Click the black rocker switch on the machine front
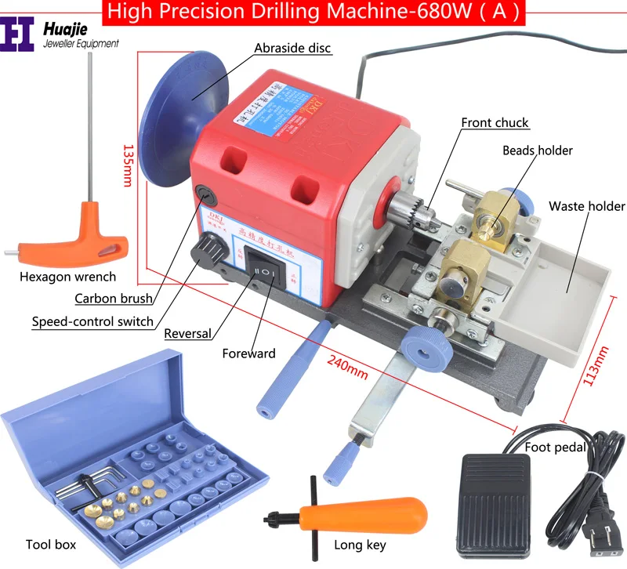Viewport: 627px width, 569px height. point(263,272)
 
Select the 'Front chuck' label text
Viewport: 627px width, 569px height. point(495,123)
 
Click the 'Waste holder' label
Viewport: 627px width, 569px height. point(586,206)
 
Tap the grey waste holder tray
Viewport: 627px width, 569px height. point(564,281)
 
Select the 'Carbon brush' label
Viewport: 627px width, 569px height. point(114,298)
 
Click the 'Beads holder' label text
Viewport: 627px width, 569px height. point(538,150)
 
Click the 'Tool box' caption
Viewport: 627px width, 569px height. point(51,545)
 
